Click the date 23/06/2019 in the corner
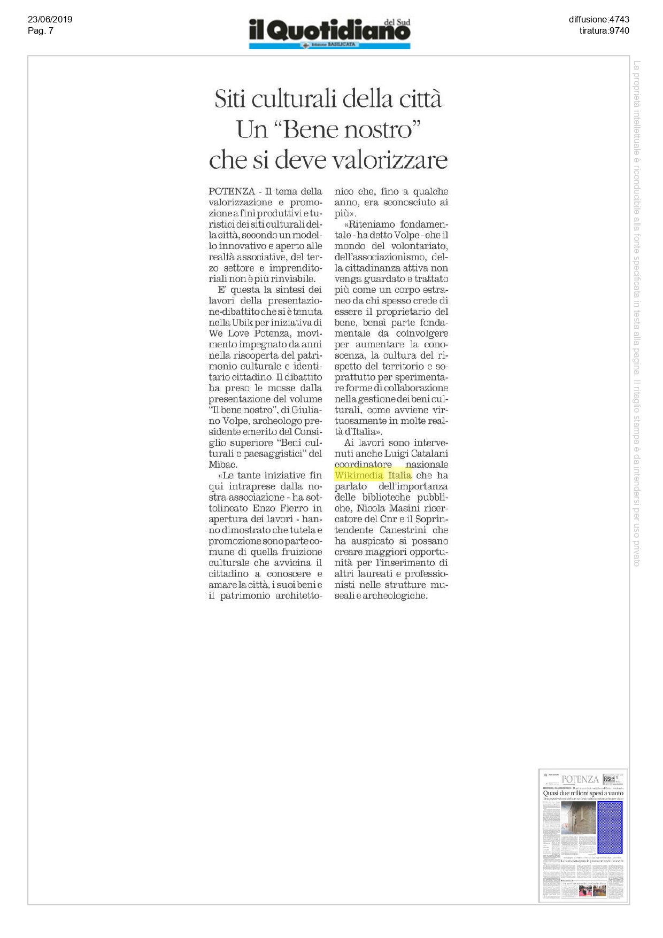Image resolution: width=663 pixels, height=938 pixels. tap(50, 19)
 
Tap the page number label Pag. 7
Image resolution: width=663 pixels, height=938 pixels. tap(41, 30)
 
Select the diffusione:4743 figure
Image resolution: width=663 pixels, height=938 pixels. tap(599, 19)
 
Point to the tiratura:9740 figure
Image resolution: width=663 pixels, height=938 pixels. tap(604, 30)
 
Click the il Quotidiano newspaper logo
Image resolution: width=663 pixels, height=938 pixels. tap(329, 31)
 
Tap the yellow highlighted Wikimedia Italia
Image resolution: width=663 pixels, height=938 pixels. tap(373, 475)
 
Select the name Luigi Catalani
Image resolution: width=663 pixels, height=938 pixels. tap(417, 454)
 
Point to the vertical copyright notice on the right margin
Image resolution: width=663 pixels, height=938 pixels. tap(636, 313)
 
